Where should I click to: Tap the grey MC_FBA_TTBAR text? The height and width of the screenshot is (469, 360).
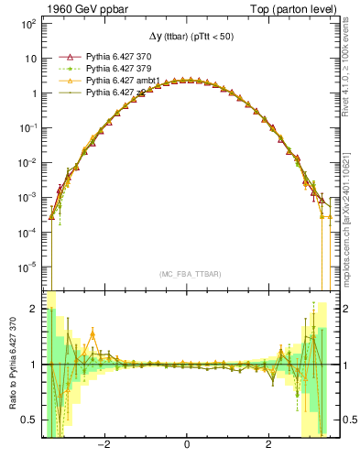pyautogui.click(x=187, y=274)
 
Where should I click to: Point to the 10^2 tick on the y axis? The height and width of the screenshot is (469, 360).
pyautogui.click(x=27, y=23)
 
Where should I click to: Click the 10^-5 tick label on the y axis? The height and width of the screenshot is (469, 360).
pyautogui.click(x=27, y=267)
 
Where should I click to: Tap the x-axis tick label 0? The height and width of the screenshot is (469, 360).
pyautogui.click(x=187, y=446)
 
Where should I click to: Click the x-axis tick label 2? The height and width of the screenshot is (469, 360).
pyautogui.click(x=268, y=446)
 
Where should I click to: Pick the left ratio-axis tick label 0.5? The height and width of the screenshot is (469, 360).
pyautogui.click(x=29, y=420)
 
